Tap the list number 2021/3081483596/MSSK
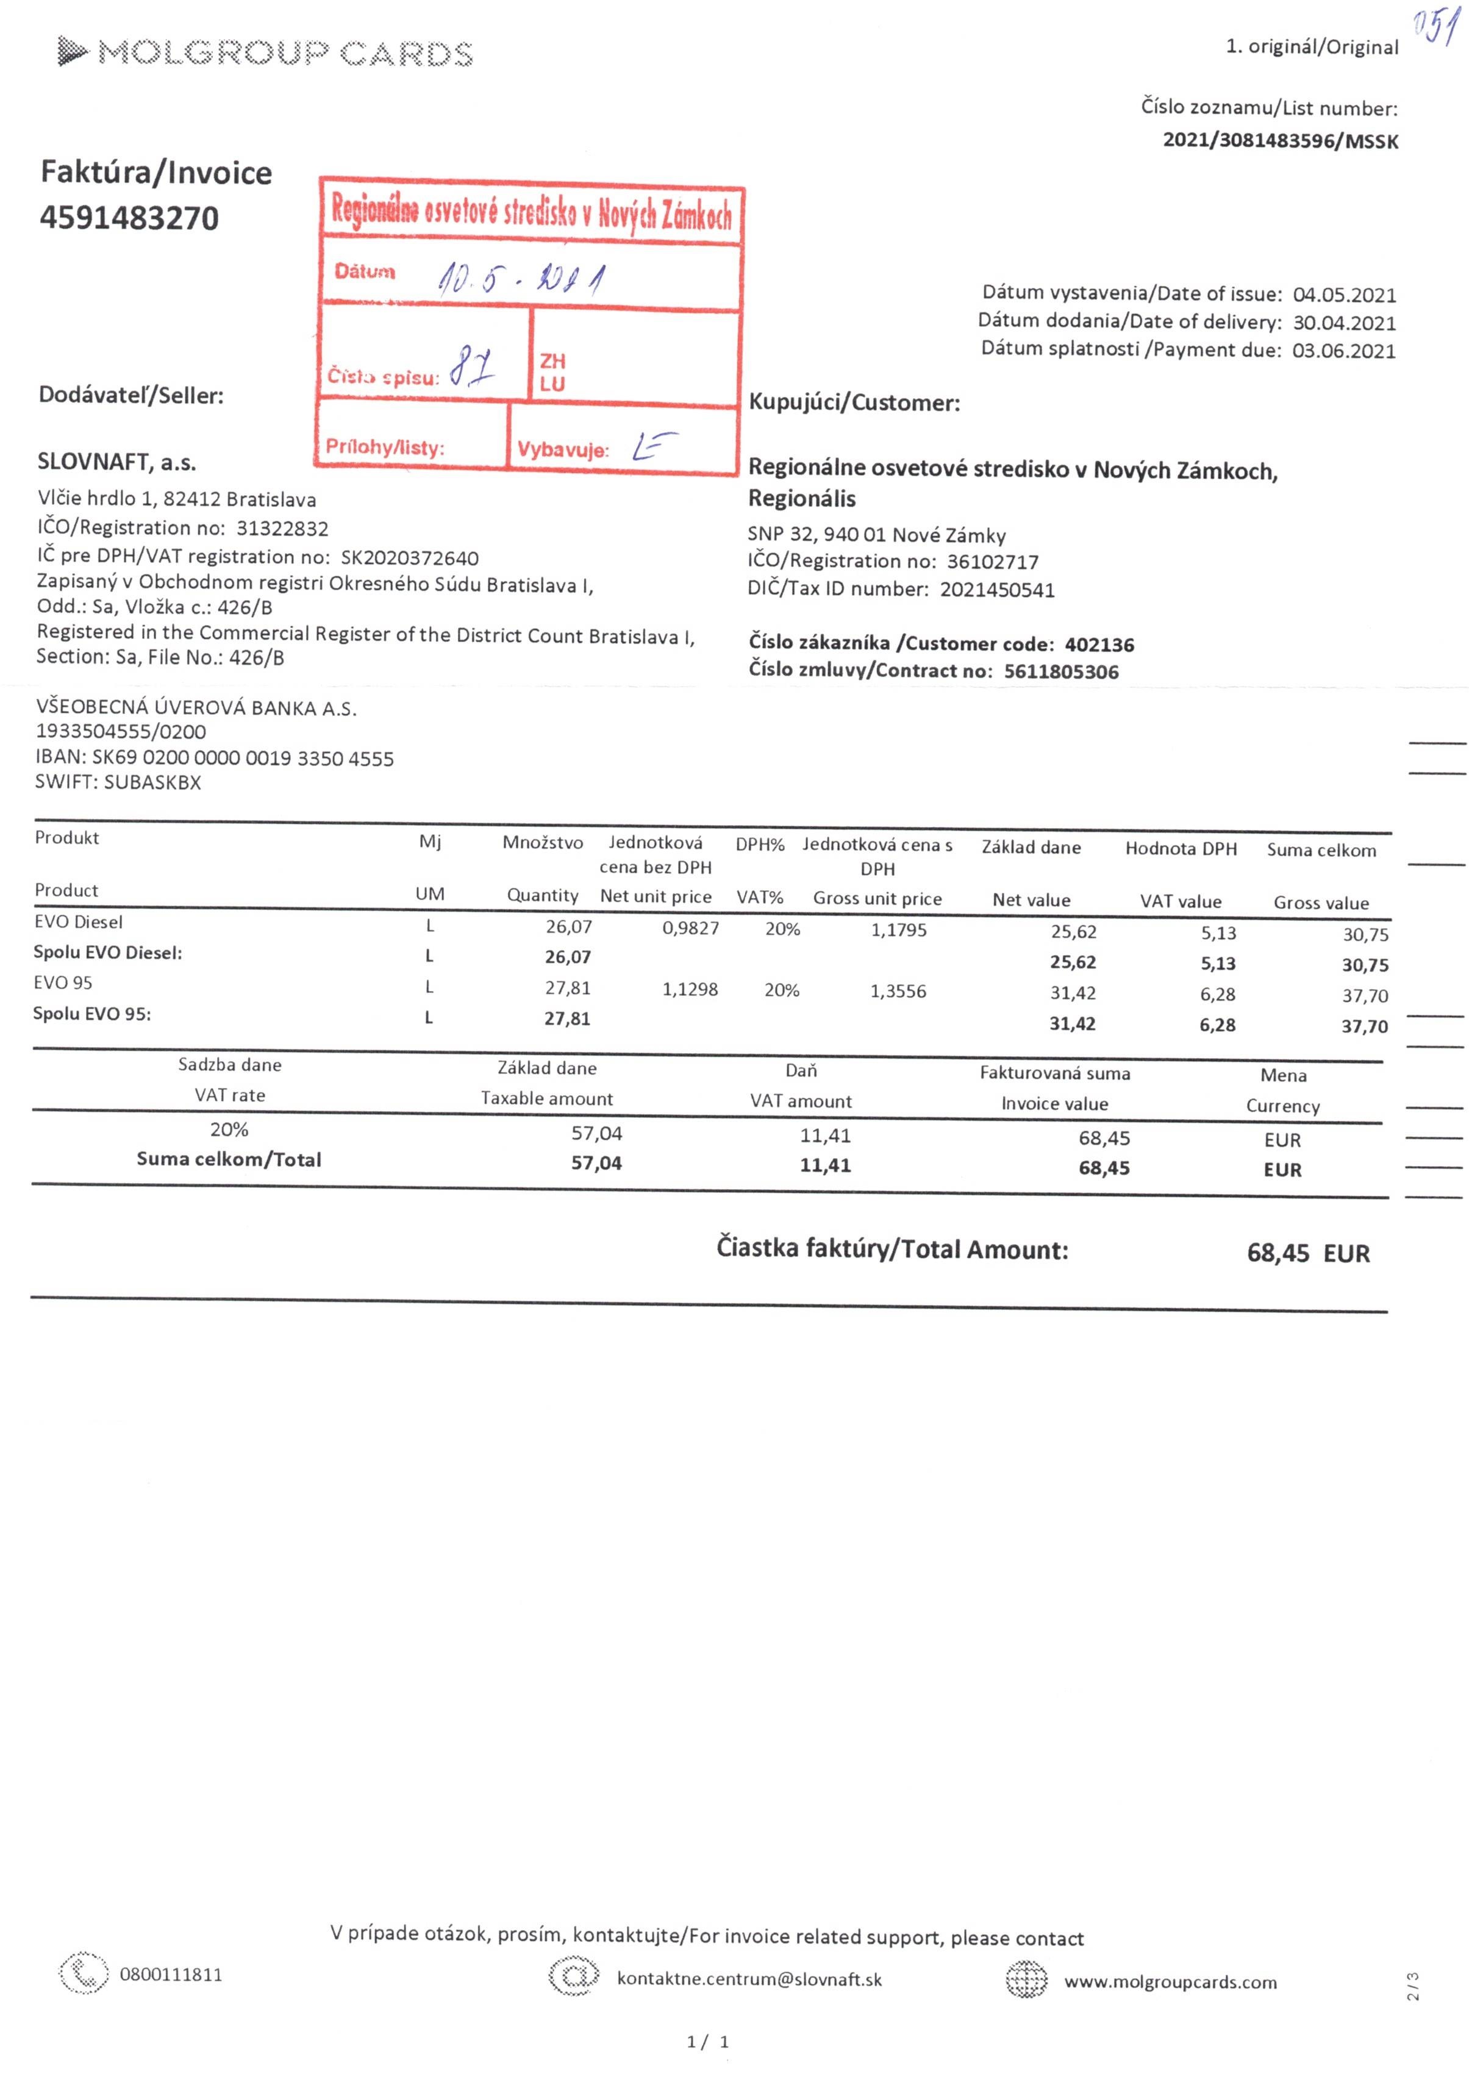pos(1279,141)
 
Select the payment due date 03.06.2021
pos(1343,351)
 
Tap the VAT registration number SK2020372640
pos(409,558)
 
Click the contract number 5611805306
pos(1061,672)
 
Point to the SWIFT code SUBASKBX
pos(152,782)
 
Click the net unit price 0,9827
pos(690,928)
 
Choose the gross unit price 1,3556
pos(898,992)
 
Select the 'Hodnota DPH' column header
pos(1181,849)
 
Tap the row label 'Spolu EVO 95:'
pos(92,1014)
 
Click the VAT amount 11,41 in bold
pos(825,1166)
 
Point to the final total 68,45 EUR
pos(1307,1253)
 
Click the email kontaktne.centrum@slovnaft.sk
pos(749,1979)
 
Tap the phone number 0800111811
pos(171,1975)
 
